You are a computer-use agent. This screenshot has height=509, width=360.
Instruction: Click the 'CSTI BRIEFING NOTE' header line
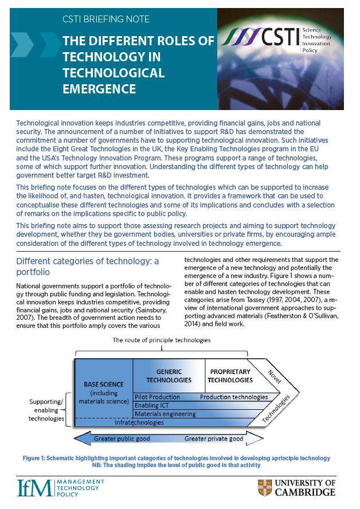click(106, 19)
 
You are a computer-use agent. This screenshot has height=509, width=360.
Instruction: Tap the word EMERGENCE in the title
click(99, 89)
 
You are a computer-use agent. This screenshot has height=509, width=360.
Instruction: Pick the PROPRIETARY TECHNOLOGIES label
click(230, 375)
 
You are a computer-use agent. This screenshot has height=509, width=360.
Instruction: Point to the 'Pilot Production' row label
click(157, 397)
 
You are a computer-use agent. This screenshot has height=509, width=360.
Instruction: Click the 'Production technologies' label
click(234, 397)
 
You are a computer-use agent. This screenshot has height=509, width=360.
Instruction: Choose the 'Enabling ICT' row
click(151, 405)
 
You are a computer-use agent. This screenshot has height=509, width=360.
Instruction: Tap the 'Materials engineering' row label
click(165, 414)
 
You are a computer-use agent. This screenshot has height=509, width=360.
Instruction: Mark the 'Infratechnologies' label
click(140, 422)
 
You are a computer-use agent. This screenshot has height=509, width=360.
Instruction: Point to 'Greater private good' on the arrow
click(214, 440)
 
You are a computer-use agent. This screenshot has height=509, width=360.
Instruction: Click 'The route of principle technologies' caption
click(161, 340)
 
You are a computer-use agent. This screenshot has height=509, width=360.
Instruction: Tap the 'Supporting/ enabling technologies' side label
click(46, 410)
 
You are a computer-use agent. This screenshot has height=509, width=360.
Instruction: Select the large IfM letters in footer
click(34, 487)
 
